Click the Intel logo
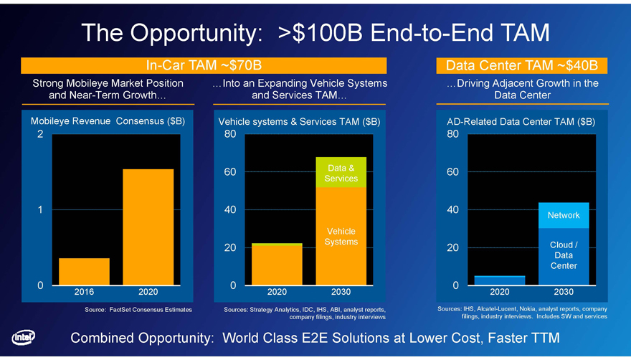[x=24, y=338]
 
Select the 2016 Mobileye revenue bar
[x=84, y=271]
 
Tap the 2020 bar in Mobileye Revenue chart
[x=148, y=227]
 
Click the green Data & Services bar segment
[x=341, y=172]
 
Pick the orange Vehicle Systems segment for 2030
[x=341, y=237]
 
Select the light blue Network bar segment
[x=564, y=215]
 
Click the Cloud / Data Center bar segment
[x=564, y=257]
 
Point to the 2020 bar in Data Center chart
[x=499, y=280]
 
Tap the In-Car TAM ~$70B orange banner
[x=204, y=65]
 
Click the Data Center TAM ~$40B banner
[x=521, y=65]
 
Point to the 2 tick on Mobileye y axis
[x=40, y=134]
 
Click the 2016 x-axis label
[x=84, y=292]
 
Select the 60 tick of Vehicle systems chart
[x=230, y=172]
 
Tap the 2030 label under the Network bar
[x=564, y=292]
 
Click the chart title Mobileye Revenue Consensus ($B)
[x=108, y=121]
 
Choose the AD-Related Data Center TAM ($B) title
[x=521, y=122]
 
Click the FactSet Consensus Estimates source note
[x=138, y=310]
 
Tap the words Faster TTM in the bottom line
[x=524, y=338]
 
